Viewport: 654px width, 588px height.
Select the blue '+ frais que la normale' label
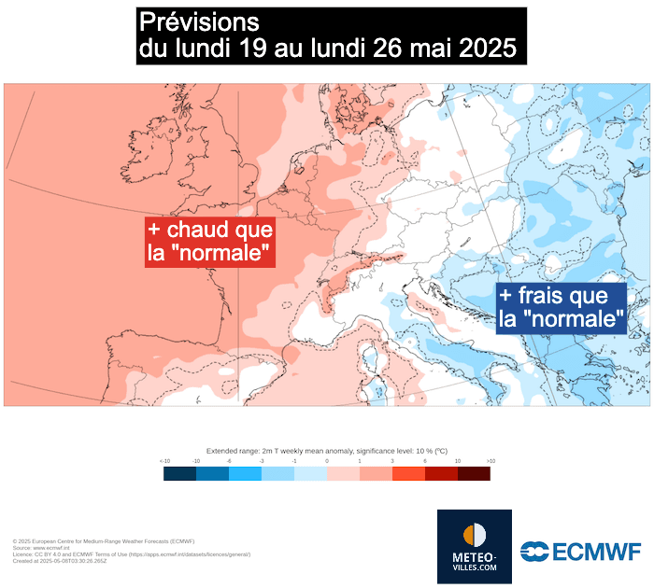(561, 308)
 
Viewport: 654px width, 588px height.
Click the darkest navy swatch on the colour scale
(179, 473)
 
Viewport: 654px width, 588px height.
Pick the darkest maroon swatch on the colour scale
(474, 473)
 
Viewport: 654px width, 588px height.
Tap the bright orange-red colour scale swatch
(408, 473)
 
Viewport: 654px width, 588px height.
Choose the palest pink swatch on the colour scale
(343, 473)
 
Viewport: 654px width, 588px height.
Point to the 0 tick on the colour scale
(327, 461)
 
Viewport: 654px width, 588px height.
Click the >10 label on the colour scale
(490, 461)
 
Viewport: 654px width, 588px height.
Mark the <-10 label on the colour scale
(164, 461)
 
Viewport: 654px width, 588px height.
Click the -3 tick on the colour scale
(262, 461)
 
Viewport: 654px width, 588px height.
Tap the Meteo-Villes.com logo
(475, 547)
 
